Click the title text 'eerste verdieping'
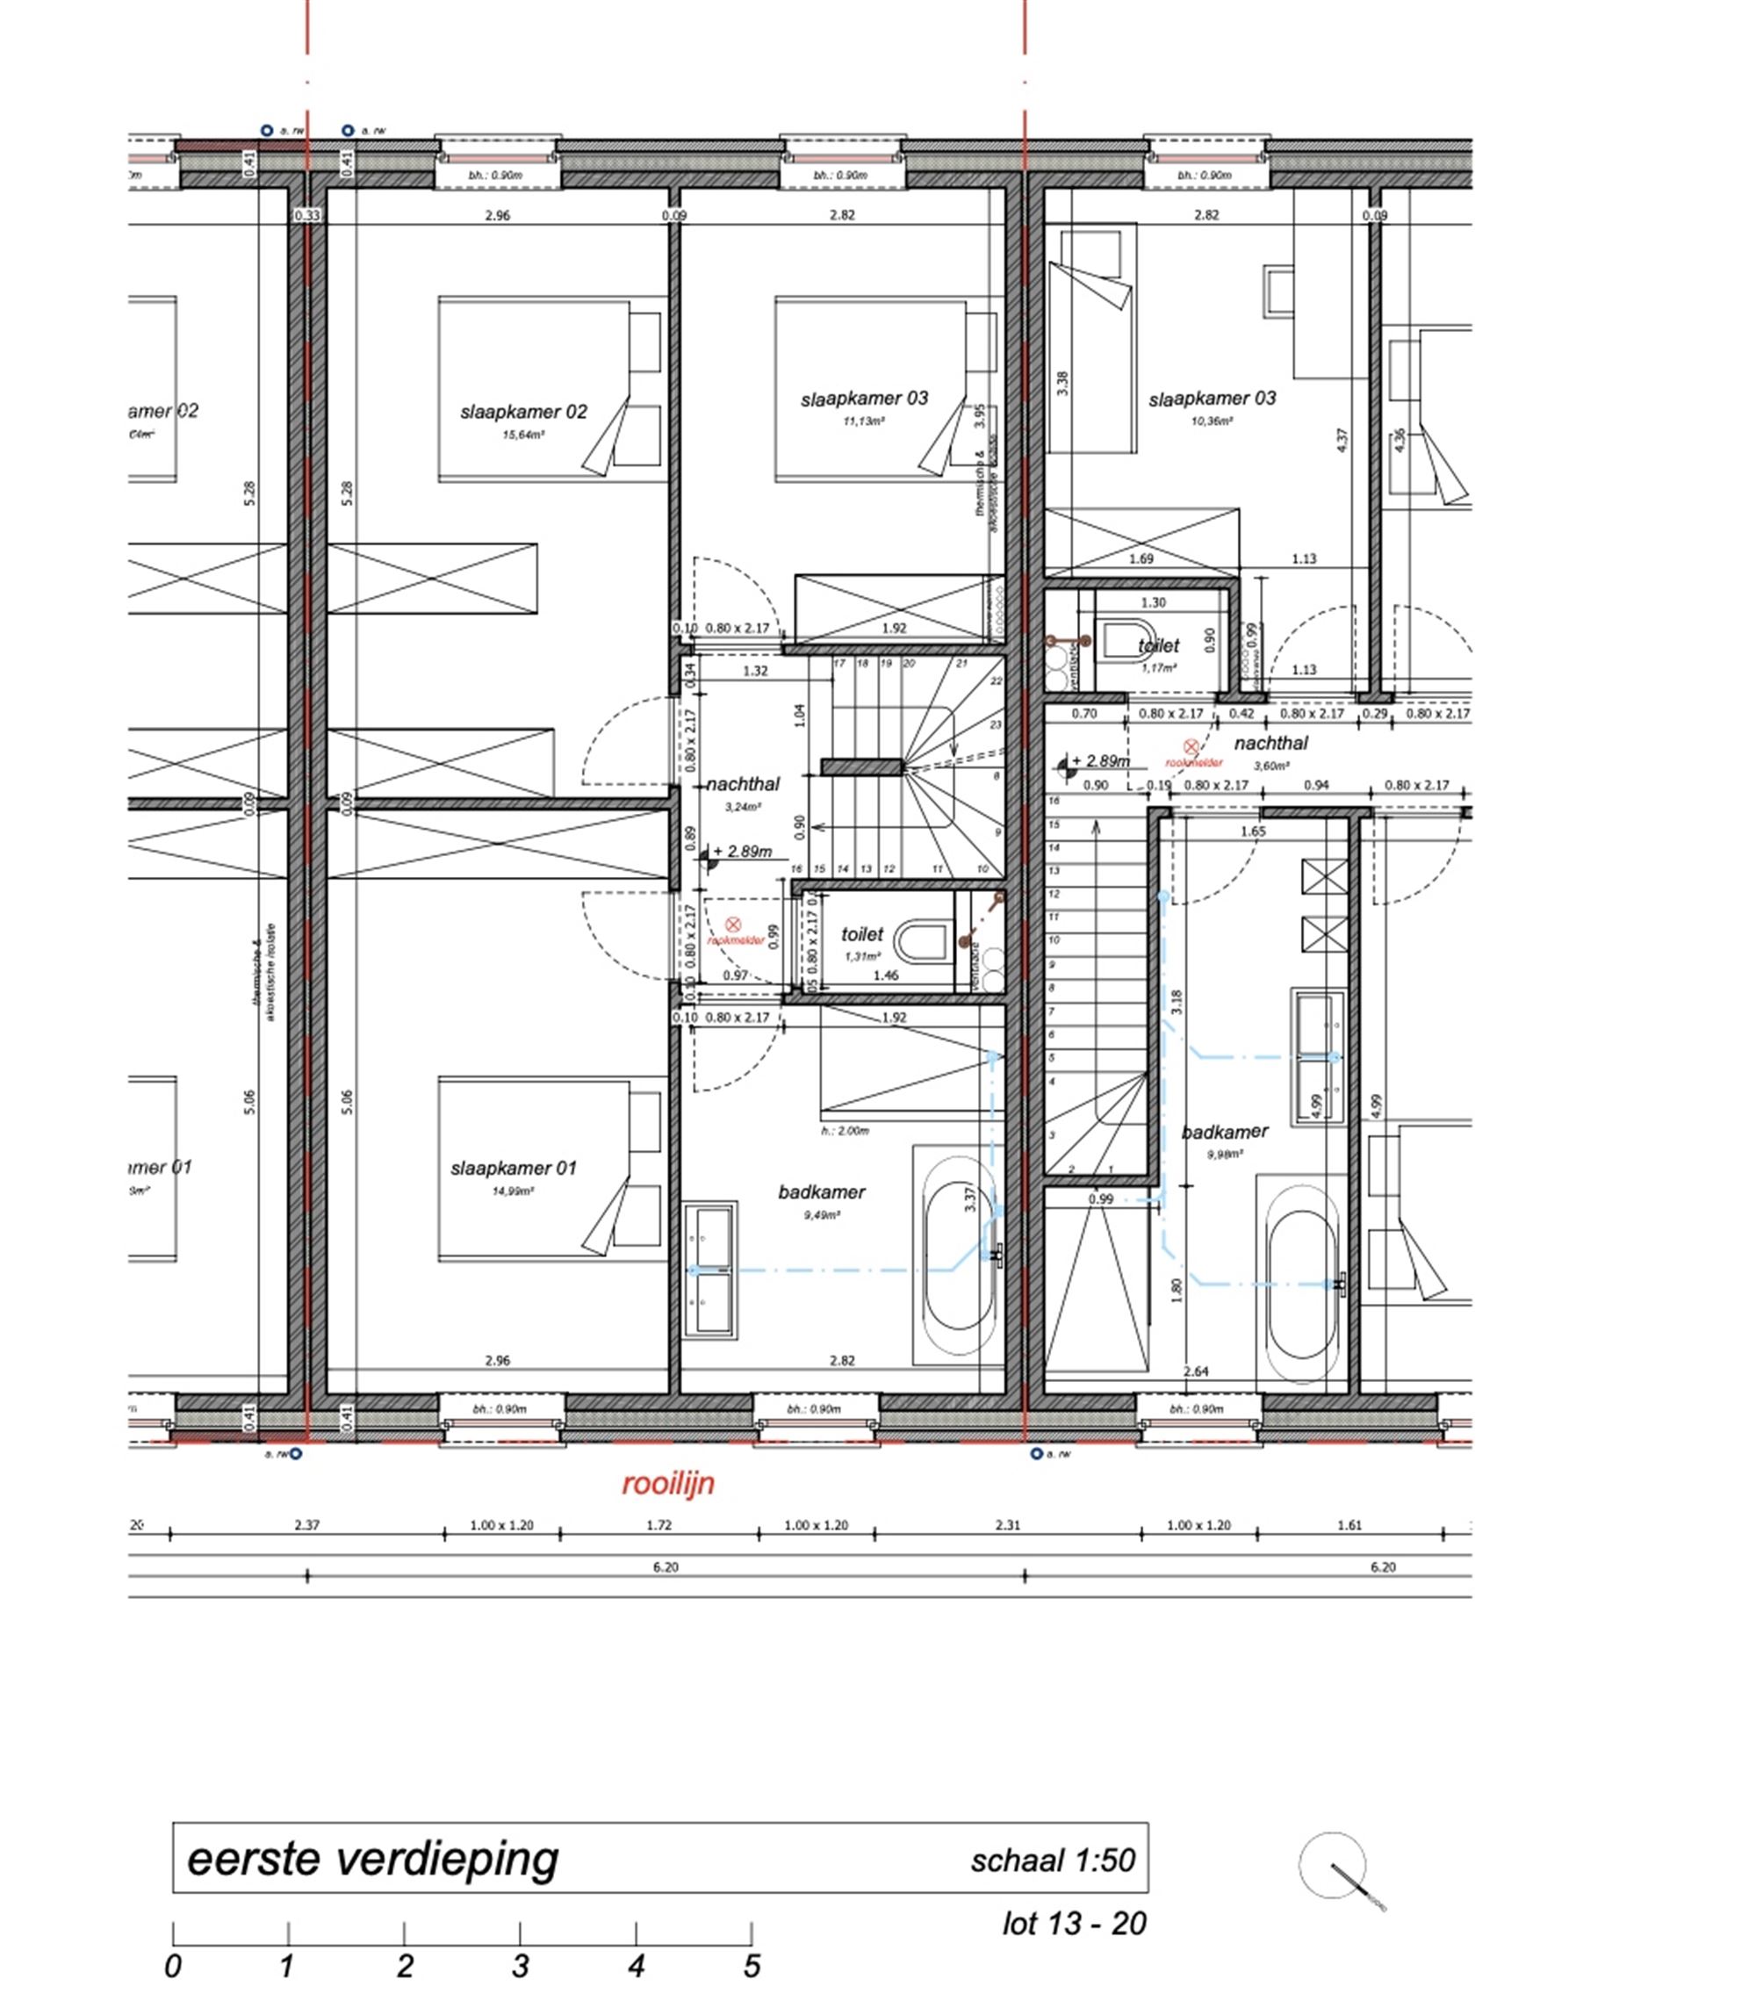coord(372,1859)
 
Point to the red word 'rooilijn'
coord(668,1484)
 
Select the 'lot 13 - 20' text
coord(1074,1924)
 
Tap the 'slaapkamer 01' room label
coord(514,1168)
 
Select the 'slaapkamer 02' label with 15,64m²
coord(523,412)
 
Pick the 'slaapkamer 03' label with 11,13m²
coord(863,398)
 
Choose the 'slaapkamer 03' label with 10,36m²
coord(1213,398)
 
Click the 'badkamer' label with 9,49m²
coord(821,1191)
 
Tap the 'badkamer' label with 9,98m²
coord(1224,1132)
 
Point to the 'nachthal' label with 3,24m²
coord(743,784)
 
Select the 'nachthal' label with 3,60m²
coord(1270,743)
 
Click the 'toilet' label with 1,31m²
coord(861,934)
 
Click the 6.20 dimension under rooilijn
coord(666,1567)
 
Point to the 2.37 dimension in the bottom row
coord(306,1525)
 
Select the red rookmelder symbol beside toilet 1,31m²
coord(732,925)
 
